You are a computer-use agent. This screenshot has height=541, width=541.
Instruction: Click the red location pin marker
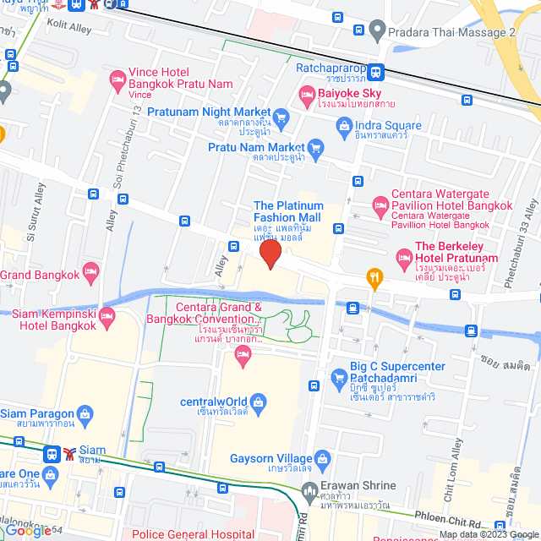(270, 253)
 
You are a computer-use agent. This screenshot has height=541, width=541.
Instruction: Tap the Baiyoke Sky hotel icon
(307, 95)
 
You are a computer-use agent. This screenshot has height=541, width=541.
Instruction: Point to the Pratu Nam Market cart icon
(316, 149)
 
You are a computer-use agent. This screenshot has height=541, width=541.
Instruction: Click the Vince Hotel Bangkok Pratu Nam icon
(117, 81)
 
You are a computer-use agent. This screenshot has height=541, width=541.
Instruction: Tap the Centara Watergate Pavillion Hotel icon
(380, 205)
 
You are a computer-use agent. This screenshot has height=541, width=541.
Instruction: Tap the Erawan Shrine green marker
(310, 489)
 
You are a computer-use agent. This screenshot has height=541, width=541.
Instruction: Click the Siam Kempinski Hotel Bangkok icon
(107, 319)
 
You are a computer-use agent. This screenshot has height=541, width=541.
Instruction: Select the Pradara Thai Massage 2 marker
(376, 31)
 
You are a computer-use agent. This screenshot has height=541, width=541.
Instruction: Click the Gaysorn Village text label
(269, 459)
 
